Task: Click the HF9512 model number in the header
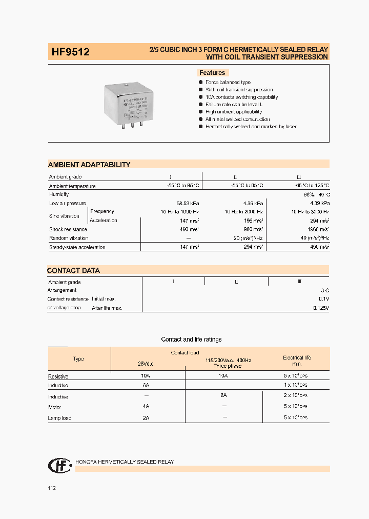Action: pos(70,52)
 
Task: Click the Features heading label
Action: pos(212,73)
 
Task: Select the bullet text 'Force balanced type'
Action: pos(228,83)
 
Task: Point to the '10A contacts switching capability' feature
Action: pos(241,97)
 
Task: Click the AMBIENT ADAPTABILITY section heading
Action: pos(89,165)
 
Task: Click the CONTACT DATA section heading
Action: pos(73,270)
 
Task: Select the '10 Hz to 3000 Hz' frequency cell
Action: pos(310,212)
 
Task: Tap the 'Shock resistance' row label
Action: pos(68,229)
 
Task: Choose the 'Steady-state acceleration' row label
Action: pos(77,247)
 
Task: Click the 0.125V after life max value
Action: pos(321,308)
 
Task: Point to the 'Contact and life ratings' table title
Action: pos(191,340)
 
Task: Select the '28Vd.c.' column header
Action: pos(146,363)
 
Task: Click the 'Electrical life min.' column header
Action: pos(297,361)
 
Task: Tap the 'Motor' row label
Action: pos(55,408)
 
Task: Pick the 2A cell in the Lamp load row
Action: pos(146,418)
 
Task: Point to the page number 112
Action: pos(52,488)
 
